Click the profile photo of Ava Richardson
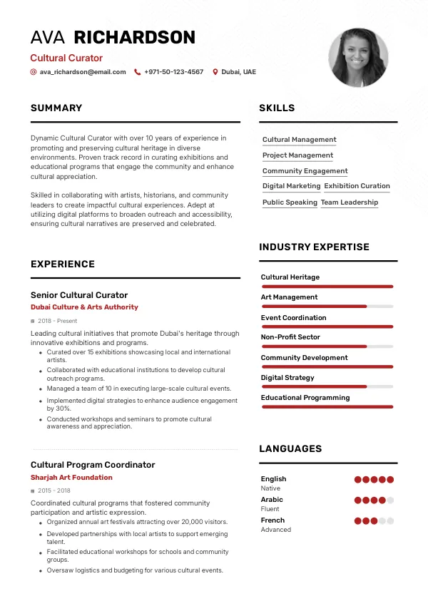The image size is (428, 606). (358, 58)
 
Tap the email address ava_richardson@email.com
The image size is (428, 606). (82, 72)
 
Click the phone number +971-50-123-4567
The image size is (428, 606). (173, 72)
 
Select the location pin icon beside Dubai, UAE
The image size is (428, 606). (215, 72)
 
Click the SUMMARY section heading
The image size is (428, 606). (56, 108)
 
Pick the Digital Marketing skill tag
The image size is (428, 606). (291, 186)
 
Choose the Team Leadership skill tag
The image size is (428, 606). (350, 202)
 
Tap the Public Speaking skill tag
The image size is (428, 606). (290, 202)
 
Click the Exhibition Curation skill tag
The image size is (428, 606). (357, 186)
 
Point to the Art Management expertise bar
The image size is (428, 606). (327, 307)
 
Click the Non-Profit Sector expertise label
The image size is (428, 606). (290, 337)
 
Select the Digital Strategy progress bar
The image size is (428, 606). (327, 387)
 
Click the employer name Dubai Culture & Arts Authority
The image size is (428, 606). (84, 307)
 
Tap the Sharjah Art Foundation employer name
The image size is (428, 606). (71, 478)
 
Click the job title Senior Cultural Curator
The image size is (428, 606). (79, 295)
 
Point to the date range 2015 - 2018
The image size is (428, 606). (54, 491)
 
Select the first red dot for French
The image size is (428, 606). (358, 521)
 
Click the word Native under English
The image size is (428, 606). (270, 488)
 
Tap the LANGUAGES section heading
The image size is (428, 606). (290, 449)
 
